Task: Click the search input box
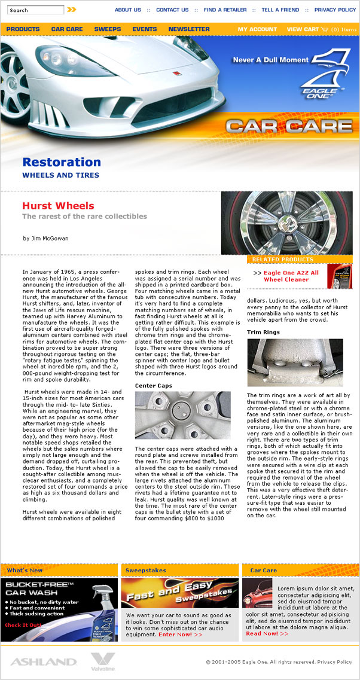[36, 10]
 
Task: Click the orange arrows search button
[72, 10]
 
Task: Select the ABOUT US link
[128, 10]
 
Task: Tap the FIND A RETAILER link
[225, 10]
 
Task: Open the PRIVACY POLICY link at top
[335, 10]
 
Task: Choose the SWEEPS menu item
[108, 29]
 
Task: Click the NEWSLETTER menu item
[189, 29]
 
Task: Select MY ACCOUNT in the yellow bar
[257, 29]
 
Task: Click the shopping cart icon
[325, 29]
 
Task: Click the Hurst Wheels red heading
[58, 206]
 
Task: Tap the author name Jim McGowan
[45, 239]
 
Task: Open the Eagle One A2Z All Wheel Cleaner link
[291, 276]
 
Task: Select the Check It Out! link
[24, 625]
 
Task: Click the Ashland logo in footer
[43, 662]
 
